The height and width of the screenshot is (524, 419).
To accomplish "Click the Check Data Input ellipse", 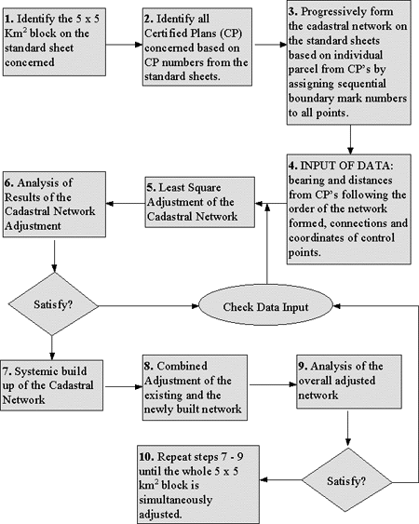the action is (x=266, y=305).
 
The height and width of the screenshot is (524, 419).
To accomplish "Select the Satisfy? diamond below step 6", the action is (x=53, y=304).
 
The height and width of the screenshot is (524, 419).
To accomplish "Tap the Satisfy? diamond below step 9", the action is (x=346, y=481).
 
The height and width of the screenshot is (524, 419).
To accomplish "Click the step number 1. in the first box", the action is (x=9, y=19).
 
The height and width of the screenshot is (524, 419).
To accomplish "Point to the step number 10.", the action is (x=146, y=456).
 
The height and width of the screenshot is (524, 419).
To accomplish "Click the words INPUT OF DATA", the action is (x=346, y=166).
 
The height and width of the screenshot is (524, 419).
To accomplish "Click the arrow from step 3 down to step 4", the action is (x=350, y=140).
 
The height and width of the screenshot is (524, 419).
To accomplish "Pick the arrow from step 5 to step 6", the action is (x=126, y=204).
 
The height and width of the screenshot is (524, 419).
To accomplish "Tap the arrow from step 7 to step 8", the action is (x=123, y=386).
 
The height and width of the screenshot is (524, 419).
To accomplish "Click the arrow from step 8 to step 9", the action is (x=272, y=384).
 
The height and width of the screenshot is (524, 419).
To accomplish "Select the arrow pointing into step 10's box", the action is (x=280, y=480).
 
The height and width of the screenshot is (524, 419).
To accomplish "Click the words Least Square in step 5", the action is (x=190, y=187).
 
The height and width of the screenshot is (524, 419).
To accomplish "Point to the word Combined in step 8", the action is (x=182, y=366).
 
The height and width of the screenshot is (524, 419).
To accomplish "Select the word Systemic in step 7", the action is (x=36, y=371).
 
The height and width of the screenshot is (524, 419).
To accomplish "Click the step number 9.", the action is (x=303, y=366).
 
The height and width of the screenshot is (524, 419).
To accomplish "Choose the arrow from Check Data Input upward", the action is (x=267, y=244).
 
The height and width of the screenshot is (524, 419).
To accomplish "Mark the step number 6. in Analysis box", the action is (x=9, y=182).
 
